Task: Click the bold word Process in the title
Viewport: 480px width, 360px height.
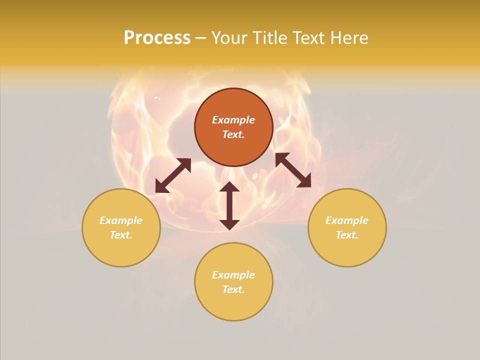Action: coord(157,38)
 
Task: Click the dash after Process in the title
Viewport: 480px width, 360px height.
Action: coord(200,38)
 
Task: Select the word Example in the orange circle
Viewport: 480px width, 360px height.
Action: coord(233,120)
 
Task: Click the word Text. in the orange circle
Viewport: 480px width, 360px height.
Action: coord(233,134)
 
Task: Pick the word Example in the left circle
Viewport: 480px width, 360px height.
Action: coord(121,220)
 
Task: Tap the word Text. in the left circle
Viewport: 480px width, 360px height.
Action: coord(121,235)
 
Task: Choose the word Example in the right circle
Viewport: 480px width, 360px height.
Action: coord(347,220)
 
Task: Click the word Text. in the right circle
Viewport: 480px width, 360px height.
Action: coord(347,235)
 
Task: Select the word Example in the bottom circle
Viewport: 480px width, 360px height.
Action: coord(233,275)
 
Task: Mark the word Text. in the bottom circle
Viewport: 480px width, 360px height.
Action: coord(233,289)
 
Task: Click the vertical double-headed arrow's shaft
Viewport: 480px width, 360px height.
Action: coord(229,205)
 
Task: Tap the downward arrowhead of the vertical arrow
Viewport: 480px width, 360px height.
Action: coord(229,224)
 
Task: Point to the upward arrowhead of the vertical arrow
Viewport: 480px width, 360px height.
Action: coord(229,187)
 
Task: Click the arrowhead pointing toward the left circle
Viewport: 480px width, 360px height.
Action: coord(160,187)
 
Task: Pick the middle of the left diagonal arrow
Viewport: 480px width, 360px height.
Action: coord(173,175)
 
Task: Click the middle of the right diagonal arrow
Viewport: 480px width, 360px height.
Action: coord(293,170)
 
